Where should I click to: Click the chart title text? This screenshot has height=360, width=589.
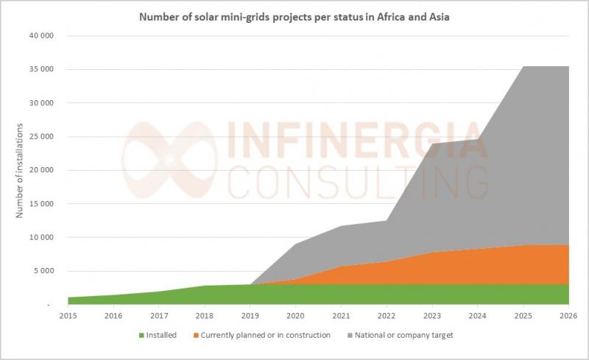pos(294,16)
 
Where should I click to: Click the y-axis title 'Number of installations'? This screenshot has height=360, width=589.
pos(20,170)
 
